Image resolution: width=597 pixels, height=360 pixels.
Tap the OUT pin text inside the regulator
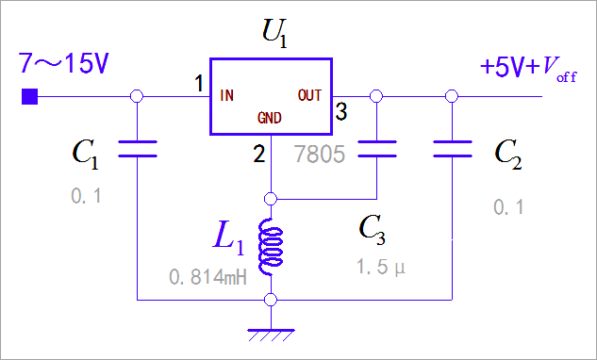coord(309,95)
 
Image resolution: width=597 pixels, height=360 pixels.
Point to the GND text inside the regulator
coord(271,120)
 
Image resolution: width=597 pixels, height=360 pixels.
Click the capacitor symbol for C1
coord(137,148)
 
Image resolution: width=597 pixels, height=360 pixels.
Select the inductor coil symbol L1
coord(272,246)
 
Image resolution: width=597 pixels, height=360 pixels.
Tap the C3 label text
coord(376,230)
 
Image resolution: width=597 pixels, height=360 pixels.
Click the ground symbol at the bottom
coord(271,332)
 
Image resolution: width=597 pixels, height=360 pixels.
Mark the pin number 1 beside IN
coord(199,85)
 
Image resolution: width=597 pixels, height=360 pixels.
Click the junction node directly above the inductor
coord(271,199)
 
